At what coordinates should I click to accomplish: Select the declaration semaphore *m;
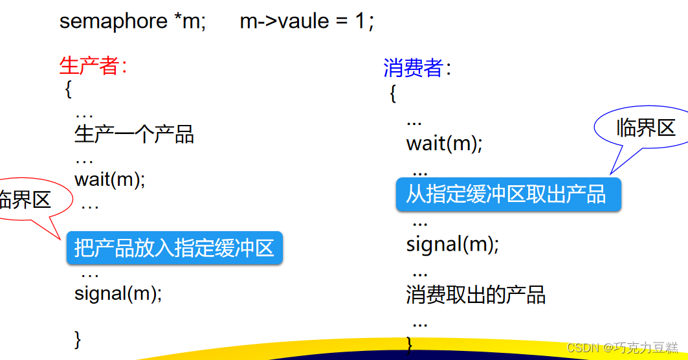click(x=132, y=21)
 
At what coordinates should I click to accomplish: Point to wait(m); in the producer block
click(x=109, y=179)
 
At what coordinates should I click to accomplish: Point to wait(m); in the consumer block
click(x=444, y=142)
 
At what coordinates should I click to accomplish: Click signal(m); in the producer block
click(x=117, y=293)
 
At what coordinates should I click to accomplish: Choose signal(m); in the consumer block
click(x=452, y=245)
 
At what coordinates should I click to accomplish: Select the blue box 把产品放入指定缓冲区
click(x=174, y=248)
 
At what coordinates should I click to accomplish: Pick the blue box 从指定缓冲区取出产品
click(x=508, y=194)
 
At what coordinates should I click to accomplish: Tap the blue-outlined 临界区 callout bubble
click(x=645, y=128)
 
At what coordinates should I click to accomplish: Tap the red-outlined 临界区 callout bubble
click(x=26, y=199)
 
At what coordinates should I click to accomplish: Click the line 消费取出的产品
click(x=476, y=295)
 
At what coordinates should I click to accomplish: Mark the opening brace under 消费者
click(x=393, y=93)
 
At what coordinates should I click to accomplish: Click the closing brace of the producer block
click(x=78, y=339)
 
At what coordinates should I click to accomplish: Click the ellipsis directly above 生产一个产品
click(x=84, y=114)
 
